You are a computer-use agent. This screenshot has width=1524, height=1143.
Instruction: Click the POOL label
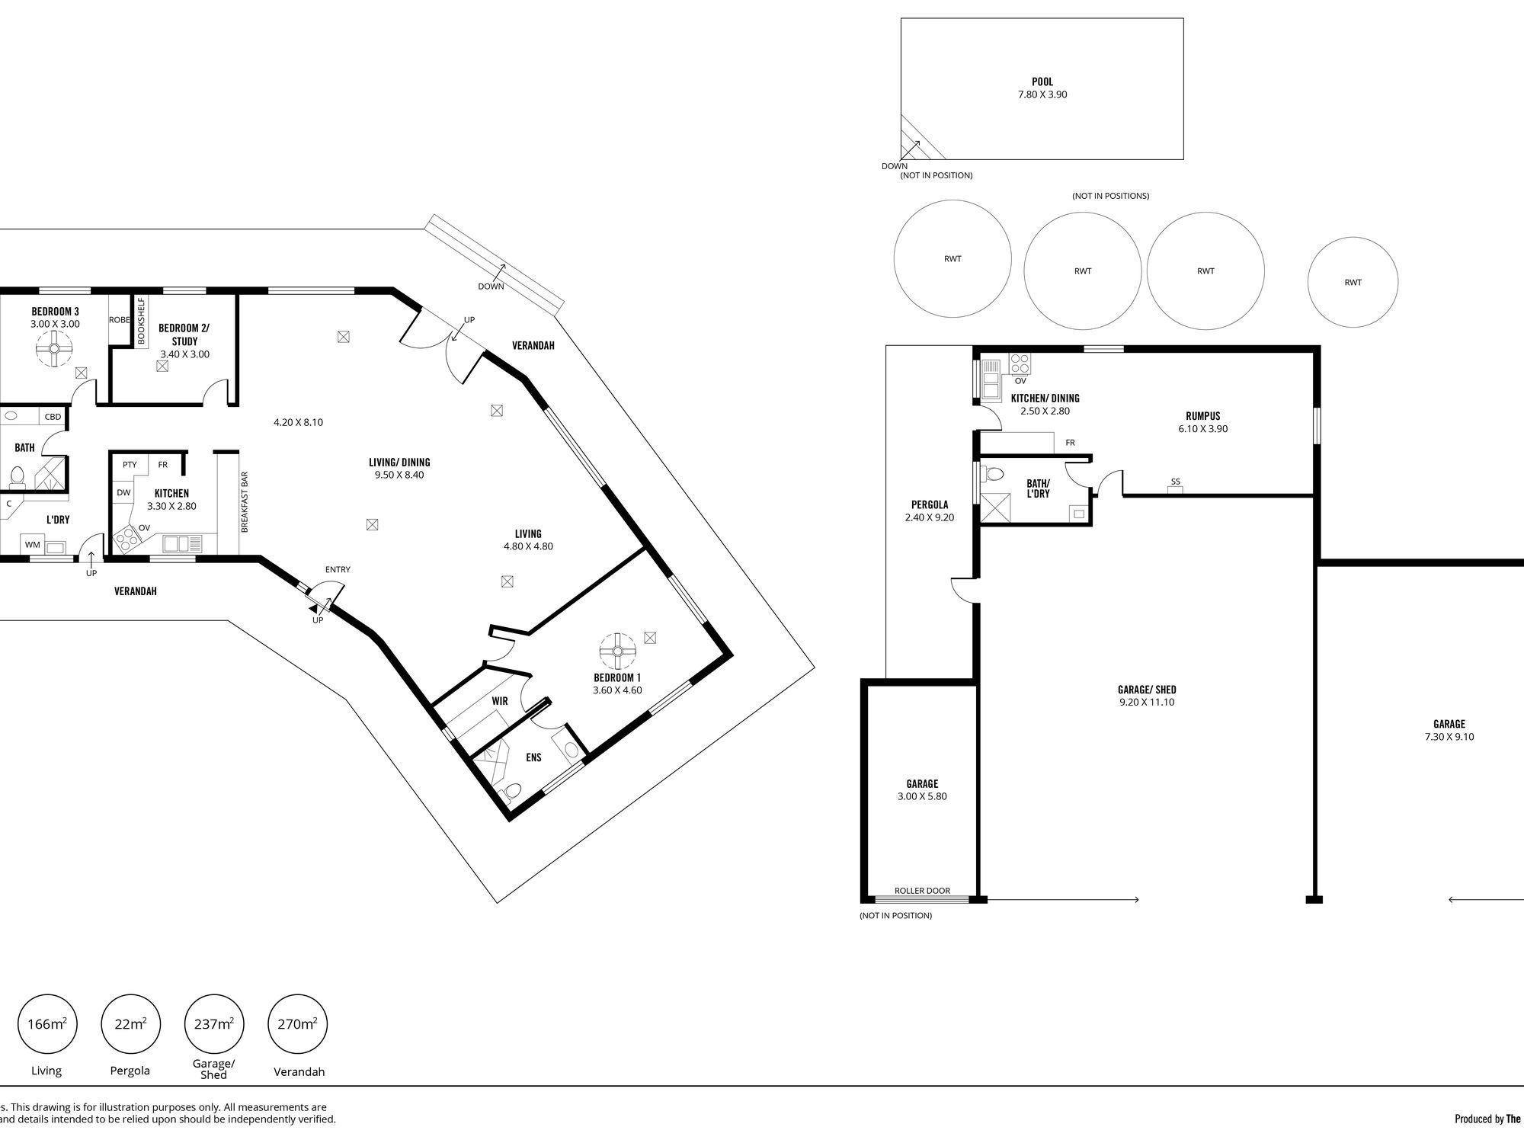pyautogui.click(x=1042, y=82)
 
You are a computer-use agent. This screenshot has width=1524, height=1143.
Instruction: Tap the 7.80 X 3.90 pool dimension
pyautogui.click(x=1042, y=94)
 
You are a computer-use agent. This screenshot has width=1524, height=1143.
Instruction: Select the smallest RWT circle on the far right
pyautogui.click(x=1353, y=282)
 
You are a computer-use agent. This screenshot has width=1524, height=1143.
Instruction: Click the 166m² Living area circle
pyautogui.click(x=46, y=1024)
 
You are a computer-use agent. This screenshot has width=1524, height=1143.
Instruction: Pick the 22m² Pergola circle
pyautogui.click(x=130, y=1024)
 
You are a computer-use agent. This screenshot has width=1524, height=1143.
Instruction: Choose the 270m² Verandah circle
pyautogui.click(x=298, y=1024)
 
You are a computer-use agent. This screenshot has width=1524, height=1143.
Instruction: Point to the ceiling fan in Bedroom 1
pyautogui.click(x=618, y=652)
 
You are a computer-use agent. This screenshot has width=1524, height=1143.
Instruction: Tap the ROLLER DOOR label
pyautogui.click(x=922, y=891)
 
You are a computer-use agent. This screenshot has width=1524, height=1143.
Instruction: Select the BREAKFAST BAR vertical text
pyautogui.click(x=245, y=501)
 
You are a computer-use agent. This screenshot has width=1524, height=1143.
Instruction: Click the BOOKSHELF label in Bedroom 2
pyautogui.click(x=141, y=321)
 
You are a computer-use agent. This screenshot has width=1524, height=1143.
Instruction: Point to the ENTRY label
pyautogui.click(x=338, y=569)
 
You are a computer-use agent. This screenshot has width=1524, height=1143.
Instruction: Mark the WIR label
pyautogui.click(x=500, y=701)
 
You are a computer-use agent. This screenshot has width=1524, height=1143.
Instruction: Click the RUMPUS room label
pyautogui.click(x=1203, y=416)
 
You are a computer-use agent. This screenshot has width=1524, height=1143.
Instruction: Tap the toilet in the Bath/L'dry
pyautogui.click(x=994, y=475)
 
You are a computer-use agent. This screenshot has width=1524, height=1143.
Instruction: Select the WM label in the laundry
pyautogui.click(x=32, y=545)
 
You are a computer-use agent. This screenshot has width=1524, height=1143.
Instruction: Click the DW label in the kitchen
pyautogui.click(x=123, y=493)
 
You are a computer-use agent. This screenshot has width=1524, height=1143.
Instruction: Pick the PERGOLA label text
pyautogui.click(x=930, y=504)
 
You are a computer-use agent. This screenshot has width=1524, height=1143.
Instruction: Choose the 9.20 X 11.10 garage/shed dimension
pyautogui.click(x=1147, y=702)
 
